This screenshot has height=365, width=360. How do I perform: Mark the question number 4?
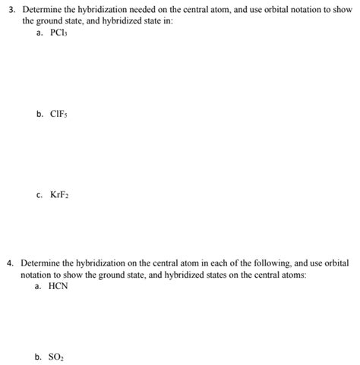pyautogui.click(x=9, y=263)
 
